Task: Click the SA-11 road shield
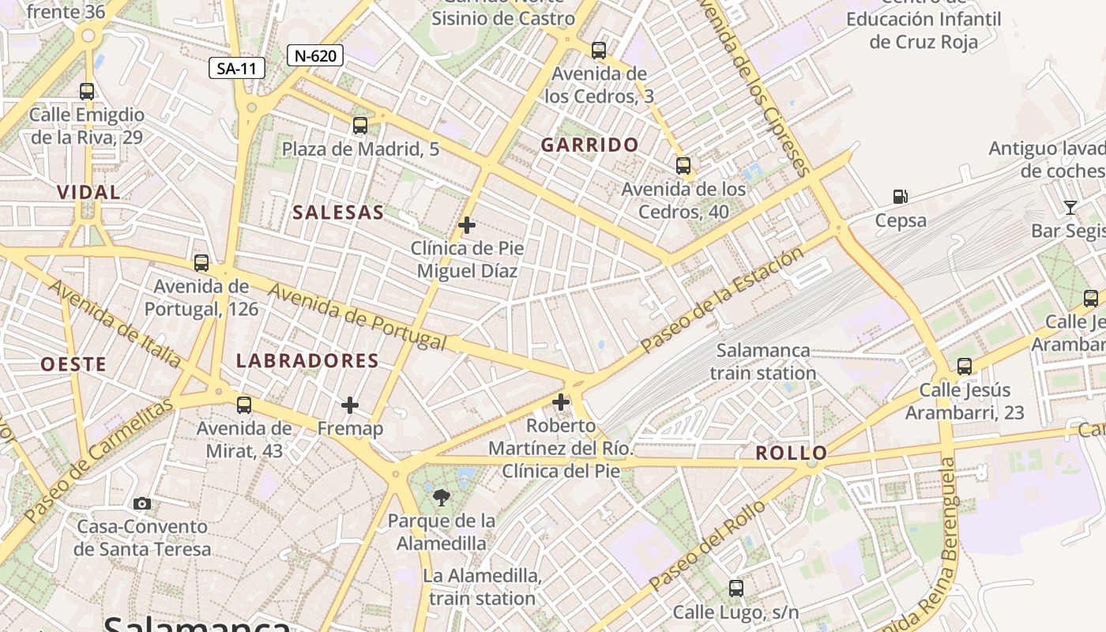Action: click(x=237, y=69)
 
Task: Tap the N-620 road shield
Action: click(x=314, y=55)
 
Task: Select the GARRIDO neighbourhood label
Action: click(x=590, y=145)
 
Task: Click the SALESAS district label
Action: click(x=338, y=213)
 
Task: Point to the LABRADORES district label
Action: click(x=307, y=361)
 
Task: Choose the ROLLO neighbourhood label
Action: click(x=791, y=453)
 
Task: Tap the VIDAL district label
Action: click(x=88, y=192)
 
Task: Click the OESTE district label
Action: click(x=73, y=364)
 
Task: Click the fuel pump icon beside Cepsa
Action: click(x=900, y=197)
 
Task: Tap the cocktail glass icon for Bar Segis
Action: click(x=1070, y=208)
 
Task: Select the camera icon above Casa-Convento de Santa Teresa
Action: click(x=142, y=503)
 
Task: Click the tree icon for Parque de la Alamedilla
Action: click(x=441, y=497)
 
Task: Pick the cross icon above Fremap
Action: click(x=349, y=405)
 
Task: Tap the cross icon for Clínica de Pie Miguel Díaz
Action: click(x=467, y=225)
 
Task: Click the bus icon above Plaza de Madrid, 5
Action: click(x=360, y=125)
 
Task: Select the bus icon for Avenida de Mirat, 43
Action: click(x=244, y=405)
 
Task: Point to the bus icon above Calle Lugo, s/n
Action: click(x=736, y=588)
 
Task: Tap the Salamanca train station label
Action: click(x=762, y=362)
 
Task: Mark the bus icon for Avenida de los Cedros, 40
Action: click(x=683, y=166)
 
